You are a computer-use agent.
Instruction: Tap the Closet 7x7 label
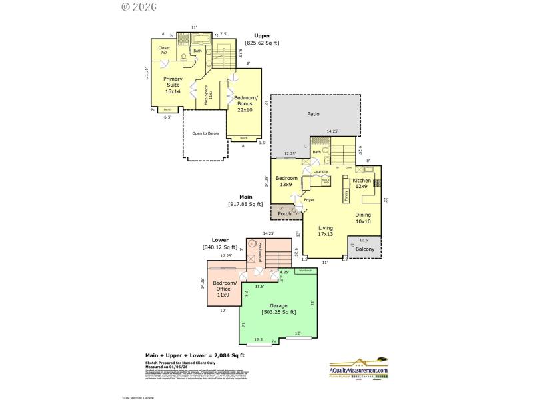pyautogui.click(x=163, y=51)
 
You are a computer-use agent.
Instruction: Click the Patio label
pyautogui.click(x=313, y=114)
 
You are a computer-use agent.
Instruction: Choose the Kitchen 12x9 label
pyautogui.click(x=362, y=183)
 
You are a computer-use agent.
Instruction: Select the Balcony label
pyautogui.click(x=364, y=249)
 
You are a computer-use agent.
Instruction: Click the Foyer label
pyautogui.click(x=309, y=199)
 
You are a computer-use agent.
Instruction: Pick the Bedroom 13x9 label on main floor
pyautogui.click(x=286, y=181)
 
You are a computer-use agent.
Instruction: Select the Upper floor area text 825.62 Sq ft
pyautogui.click(x=262, y=43)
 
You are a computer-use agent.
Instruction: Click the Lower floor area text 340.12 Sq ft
pyautogui.click(x=220, y=247)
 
